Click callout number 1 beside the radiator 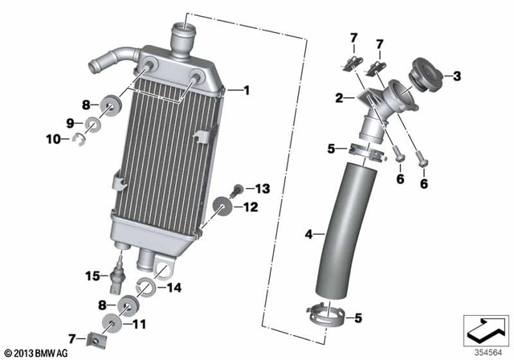click(x=247, y=91)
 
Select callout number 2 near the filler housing click(x=339, y=98)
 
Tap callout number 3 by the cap click(x=457, y=76)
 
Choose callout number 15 click(x=92, y=276)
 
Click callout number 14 click(x=173, y=286)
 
